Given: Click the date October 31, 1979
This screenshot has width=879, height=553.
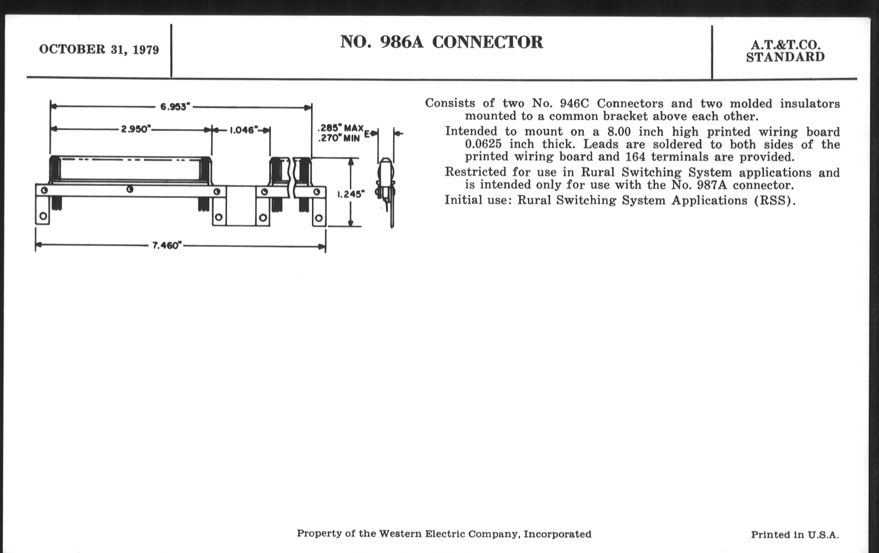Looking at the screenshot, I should tap(99, 49).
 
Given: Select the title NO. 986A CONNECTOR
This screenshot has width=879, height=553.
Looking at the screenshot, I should tap(441, 42).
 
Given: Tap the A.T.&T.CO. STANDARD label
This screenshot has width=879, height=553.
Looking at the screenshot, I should tap(785, 51).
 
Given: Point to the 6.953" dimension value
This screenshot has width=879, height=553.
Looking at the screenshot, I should tap(175, 107).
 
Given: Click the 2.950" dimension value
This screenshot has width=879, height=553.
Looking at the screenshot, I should tap(136, 129).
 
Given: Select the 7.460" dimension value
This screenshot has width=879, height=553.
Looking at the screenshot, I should tap(167, 245).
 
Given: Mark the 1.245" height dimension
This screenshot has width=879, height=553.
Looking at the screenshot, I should tap(351, 194).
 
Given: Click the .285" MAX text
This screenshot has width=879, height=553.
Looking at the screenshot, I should tap(340, 128).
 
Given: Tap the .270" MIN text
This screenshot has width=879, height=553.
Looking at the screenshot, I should tap(339, 138).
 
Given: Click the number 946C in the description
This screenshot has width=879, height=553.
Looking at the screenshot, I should tap(574, 104).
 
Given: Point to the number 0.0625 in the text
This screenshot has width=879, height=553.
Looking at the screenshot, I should tap(483, 144).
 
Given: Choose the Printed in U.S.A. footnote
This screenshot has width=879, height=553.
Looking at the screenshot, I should tap(795, 535).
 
